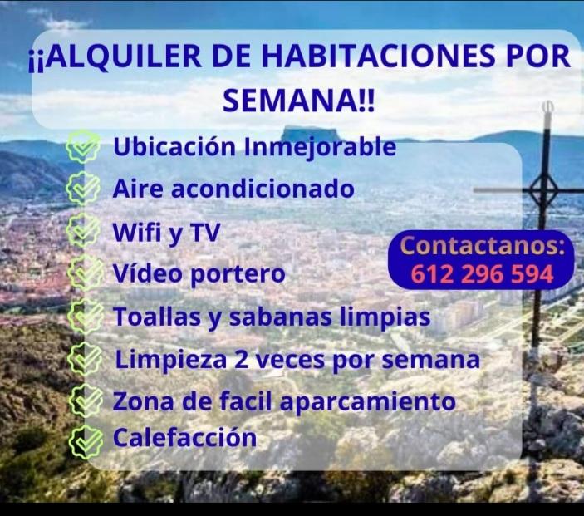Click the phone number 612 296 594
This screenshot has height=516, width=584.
[x=482, y=274]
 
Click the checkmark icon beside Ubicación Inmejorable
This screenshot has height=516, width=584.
[x=83, y=149]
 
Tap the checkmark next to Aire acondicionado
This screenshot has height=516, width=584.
[x=82, y=189]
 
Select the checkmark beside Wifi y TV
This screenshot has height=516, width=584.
[x=82, y=232]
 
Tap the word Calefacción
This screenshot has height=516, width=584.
[x=184, y=437]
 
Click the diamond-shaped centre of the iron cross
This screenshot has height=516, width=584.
[x=544, y=192]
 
